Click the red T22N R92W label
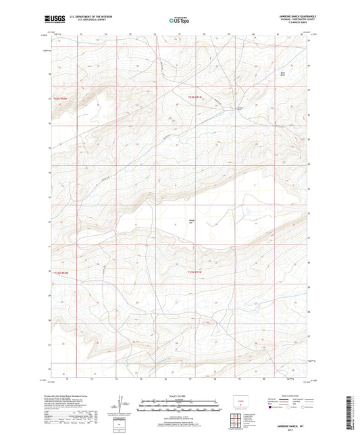pos(61,99)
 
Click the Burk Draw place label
pos(284,74)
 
